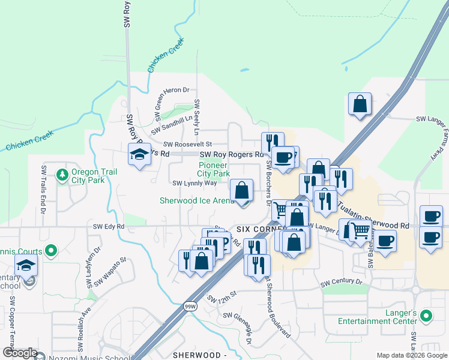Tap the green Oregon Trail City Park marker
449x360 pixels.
coord(61,175)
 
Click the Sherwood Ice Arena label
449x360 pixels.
coord(196,200)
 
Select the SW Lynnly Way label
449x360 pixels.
coord(194,183)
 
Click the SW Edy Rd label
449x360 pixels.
coord(109,226)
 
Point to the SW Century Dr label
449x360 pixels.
coord(342,282)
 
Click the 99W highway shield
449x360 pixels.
coord(188,307)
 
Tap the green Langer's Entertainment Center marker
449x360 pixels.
coord(426,315)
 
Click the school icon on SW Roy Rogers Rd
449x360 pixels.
coord(139,155)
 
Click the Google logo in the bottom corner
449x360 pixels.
coord(20,353)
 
